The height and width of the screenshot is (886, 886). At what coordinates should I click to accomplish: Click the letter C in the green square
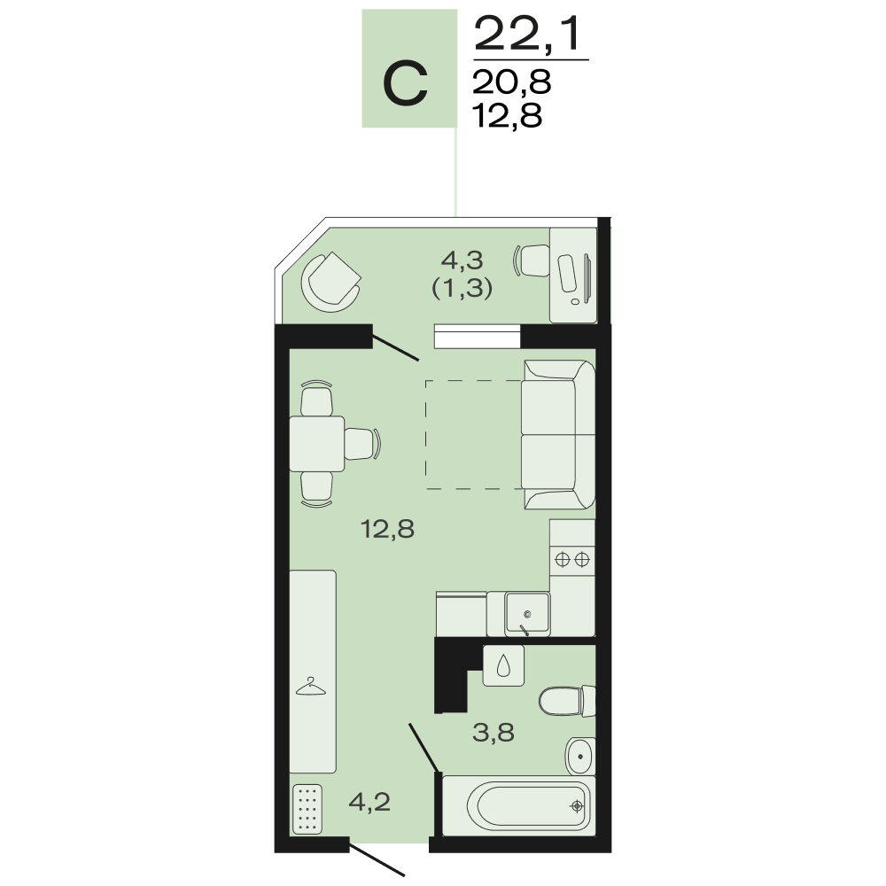coord(405,84)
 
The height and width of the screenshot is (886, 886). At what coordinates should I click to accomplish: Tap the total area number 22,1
coord(528,35)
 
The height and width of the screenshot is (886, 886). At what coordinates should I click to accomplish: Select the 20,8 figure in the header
coord(512,82)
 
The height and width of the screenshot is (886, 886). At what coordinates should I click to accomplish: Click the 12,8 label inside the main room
coord(388,530)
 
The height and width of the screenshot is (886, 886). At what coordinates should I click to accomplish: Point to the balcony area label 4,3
coord(462,260)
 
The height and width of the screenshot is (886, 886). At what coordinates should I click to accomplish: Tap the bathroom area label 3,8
coord(494,733)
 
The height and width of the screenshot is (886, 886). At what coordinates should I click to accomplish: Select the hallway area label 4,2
coord(369,802)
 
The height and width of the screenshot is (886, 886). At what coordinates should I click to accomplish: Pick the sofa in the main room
coord(558,434)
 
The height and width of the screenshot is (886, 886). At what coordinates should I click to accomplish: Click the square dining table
coord(317,444)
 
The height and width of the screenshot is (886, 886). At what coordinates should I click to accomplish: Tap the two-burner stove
coord(572,559)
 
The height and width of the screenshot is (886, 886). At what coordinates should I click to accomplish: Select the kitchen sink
coord(527,612)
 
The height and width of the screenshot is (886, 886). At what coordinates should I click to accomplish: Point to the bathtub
coord(518,805)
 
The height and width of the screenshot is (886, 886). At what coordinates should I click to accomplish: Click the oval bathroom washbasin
coord(579,756)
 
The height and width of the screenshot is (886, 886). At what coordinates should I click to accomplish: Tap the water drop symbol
coord(503,667)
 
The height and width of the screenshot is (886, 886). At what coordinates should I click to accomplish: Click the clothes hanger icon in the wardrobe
coord(311,687)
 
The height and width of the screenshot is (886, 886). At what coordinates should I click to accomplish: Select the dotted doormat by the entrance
coord(307,809)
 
